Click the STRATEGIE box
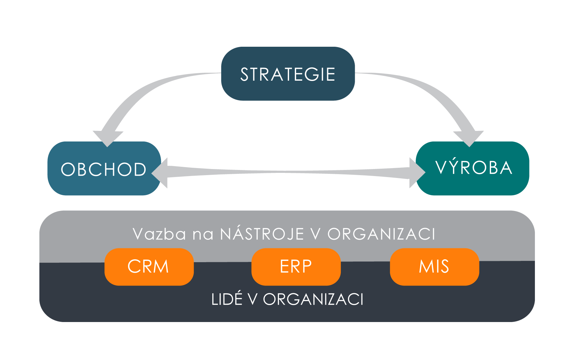point(288,74)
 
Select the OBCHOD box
point(103,169)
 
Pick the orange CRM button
point(149,267)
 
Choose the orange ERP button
point(296,267)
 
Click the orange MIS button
point(434,267)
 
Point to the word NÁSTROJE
point(262,234)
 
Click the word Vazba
point(159,234)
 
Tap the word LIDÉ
point(227,300)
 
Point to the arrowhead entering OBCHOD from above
point(108,138)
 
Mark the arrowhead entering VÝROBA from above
point(469,138)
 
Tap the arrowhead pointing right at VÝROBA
point(416,173)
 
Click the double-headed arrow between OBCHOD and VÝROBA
point(288,173)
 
